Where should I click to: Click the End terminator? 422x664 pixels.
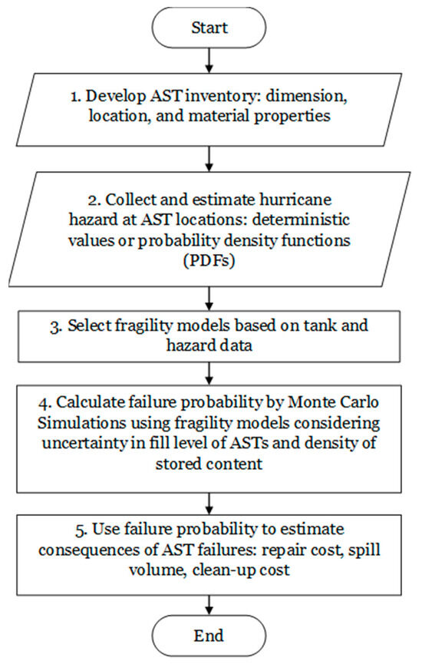[209, 636]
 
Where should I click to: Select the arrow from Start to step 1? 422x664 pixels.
[209, 63]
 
